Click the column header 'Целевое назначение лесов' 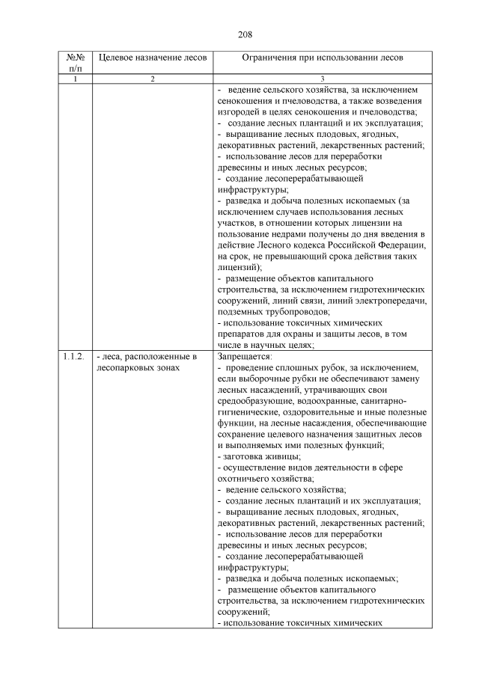coord(151,58)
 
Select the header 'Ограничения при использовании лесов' coord(323,58)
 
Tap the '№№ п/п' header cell coord(74,63)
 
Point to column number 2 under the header coord(151,79)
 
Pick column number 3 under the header coord(323,79)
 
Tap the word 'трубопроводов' coord(296,312)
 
